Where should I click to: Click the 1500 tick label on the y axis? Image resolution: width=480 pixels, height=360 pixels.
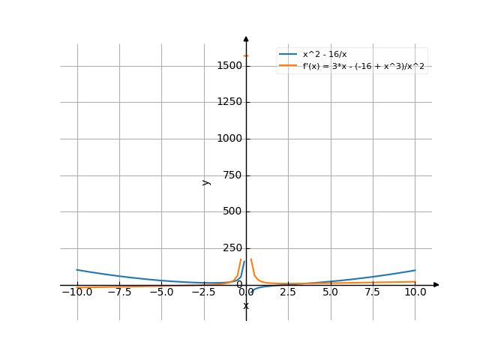[x=227, y=66]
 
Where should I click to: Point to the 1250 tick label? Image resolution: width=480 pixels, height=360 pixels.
[x=227, y=102]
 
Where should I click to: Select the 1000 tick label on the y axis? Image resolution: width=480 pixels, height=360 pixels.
[x=227, y=139]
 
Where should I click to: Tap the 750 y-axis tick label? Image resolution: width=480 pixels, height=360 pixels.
[x=230, y=175]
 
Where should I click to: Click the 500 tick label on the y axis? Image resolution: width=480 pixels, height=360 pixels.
[x=230, y=211]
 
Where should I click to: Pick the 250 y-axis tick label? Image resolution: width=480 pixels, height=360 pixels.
[x=230, y=248]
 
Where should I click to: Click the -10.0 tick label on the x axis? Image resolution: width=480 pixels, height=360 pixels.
[x=77, y=292]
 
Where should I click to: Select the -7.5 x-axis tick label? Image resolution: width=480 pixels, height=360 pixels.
[x=119, y=292]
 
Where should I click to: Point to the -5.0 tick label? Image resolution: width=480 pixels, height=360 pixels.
[x=161, y=292]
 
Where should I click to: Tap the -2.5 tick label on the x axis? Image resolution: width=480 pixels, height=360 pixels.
[x=203, y=292]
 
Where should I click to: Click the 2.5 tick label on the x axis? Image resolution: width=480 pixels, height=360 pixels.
[x=288, y=292]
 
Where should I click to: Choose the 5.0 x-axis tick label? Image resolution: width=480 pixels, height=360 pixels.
[x=330, y=292]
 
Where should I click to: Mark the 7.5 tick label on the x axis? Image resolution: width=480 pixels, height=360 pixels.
[x=373, y=292]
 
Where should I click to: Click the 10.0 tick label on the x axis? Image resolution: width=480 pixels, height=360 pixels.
[x=415, y=292]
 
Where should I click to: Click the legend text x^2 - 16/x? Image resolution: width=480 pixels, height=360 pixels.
[x=325, y=55]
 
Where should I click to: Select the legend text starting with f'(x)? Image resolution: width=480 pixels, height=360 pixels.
[x=368, y=67]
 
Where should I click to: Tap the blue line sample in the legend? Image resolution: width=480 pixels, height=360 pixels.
[x=288, y=55]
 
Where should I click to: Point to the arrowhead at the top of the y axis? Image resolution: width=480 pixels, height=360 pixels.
[x=246, y=39]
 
